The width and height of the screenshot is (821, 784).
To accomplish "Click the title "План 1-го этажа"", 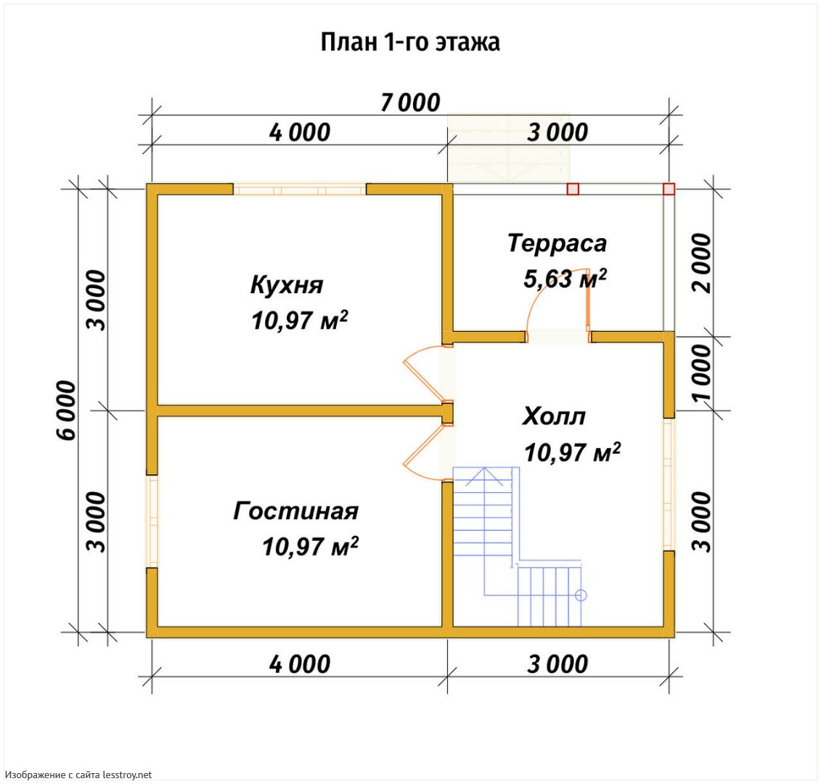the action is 410,42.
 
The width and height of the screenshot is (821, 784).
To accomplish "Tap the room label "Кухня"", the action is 287,285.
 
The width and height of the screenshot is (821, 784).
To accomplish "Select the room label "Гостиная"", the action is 296,511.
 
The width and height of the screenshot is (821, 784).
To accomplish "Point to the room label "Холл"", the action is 553,417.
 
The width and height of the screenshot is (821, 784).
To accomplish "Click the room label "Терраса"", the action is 557,243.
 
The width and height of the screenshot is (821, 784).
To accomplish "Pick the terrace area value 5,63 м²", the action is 565,279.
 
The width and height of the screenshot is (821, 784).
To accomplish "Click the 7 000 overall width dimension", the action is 410,102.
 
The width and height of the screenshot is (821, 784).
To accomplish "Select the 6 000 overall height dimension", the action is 67,410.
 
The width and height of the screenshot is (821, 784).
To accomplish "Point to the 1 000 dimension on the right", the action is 702,373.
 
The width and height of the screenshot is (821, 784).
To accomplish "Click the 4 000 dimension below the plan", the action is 300,664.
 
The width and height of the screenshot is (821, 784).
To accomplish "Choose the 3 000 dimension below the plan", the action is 557,664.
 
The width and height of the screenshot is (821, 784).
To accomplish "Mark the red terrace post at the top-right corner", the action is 669,189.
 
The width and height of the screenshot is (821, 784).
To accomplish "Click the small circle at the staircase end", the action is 581,595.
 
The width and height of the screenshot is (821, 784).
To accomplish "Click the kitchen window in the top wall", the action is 300,189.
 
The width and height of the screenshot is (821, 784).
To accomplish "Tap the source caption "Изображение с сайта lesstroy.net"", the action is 78,775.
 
